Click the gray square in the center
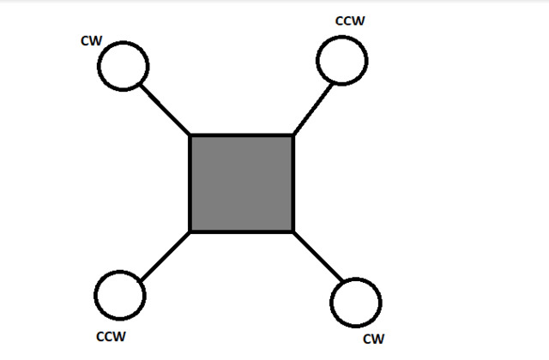pyautogui.click(x=242, y=183)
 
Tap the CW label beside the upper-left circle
pyautogui.click(x=92, y=41)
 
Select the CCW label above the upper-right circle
pyautogui.click(x=350, y=21)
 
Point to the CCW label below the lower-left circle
pyautogui.click(x=111, y=337)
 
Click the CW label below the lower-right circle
pyautogui.click(x=374, y=339)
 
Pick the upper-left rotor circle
pyautogui.click(x=98, y=66)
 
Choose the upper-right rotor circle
pyautogui.click(x=317, y=61)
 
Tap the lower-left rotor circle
pyautogui.click(x=95, y=296)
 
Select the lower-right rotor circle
pyautogui.click(x=331, y=303)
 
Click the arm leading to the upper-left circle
pyautogui.click(x=165, y=109)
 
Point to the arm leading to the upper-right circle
pyautogui.click(x=313, y=109)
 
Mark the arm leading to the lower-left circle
pyautogui.click(x=165, y=256)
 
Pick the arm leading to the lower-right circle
pyautogui.click(x=318, y=257)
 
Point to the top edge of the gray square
pyautogui.click(x=242, y=135)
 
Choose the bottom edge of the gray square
pyautogui.click(x=242, y=231)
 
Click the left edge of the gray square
pyautogui.click(x=190, y=183)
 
